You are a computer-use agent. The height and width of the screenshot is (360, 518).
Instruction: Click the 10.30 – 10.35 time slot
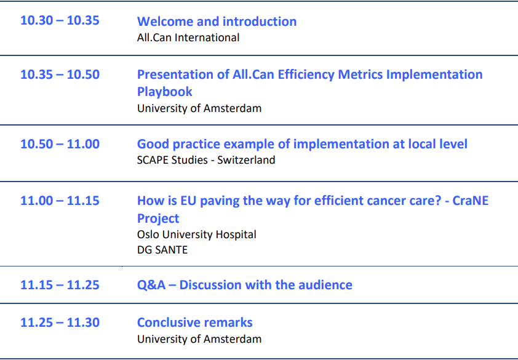point(60,20)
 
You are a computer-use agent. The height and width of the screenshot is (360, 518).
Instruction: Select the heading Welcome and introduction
point(217,22)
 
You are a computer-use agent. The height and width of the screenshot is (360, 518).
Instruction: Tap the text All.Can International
point(188,38)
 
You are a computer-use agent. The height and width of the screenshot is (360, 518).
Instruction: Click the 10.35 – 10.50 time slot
point(60,74)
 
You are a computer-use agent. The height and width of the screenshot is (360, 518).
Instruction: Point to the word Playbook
point(164,92)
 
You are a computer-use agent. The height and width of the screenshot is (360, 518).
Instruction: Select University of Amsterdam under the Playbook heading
point(199,108)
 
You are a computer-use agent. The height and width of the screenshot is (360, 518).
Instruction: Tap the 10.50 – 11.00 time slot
point(60,144)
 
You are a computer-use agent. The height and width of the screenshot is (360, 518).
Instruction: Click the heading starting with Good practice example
point(302,145)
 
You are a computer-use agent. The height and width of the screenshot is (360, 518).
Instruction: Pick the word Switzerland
point(246,160)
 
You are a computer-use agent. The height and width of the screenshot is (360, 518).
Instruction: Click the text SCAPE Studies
point(172,160)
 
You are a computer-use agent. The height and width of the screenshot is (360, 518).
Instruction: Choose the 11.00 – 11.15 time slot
point(60,201)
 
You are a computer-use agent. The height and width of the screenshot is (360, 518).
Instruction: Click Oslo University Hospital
point(197,234)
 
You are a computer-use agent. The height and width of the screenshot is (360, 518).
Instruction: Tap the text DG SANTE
point(162,250)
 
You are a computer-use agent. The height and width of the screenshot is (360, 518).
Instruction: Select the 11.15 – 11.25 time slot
point(60,285)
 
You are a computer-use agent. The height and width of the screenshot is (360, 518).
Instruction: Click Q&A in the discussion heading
point(151,285)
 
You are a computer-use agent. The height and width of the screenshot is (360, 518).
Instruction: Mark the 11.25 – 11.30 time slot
point(60,322)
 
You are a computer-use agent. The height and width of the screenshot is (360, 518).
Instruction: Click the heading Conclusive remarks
point(195,322)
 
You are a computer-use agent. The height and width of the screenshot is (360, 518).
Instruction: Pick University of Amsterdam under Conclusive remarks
point(199,339)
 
